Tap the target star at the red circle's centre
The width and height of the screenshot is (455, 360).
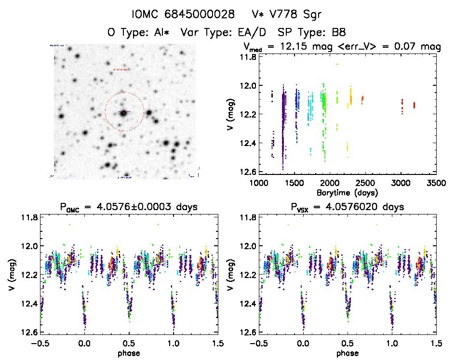click(x=124, y=112)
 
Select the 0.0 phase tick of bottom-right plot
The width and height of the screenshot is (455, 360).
click(x=303, y=343)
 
